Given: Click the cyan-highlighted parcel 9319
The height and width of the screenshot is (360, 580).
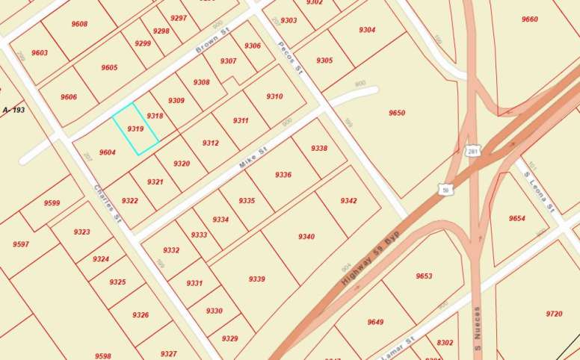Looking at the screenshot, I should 135,128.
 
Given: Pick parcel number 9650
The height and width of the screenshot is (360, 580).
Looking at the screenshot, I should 396,113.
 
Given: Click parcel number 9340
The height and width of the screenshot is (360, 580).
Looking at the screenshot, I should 306,237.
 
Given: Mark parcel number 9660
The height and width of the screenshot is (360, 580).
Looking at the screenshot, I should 529,19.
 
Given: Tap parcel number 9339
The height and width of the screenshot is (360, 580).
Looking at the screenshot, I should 256,279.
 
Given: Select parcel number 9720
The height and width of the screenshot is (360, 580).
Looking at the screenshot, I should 554,314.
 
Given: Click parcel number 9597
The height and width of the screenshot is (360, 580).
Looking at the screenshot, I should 21,244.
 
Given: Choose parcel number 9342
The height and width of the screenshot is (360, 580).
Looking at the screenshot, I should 348,201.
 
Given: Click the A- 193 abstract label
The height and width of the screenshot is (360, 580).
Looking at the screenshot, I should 14,111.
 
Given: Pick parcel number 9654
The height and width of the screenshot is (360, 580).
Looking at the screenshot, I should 517,218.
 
